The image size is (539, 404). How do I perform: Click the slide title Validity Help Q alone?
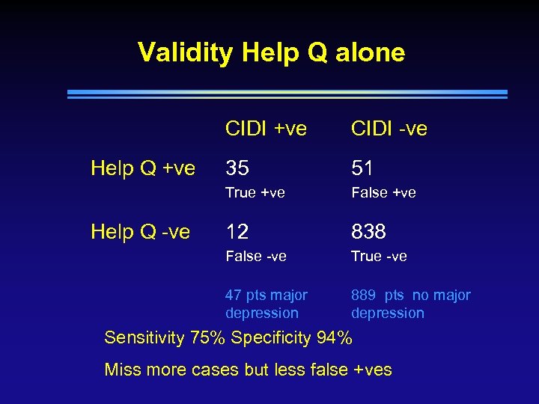pos(271,52)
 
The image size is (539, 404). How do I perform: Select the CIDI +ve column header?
pos(266,129)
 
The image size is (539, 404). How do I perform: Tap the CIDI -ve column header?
pos(389,129)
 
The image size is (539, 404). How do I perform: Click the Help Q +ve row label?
pos(143,168)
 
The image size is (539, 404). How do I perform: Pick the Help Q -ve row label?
pos(140,232)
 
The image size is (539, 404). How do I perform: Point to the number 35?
pos(237,168)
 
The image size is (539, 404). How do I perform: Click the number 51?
pos(362,168)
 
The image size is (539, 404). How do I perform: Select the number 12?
pos(237,232)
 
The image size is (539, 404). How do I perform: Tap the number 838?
pos(368,232)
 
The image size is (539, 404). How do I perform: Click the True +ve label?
pos(255,192)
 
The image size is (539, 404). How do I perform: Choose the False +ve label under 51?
pos(383,192)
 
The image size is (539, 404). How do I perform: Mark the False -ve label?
pos(256,256)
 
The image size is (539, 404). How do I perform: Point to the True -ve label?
pos(379,256)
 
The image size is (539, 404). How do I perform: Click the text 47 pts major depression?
pos(266,304)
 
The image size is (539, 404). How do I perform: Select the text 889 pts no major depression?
pos(410,304)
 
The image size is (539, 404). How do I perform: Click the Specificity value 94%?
pos(334,337)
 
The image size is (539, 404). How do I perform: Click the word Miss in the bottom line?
pos(121,369)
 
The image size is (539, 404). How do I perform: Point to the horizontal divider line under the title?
pos(287,94)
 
